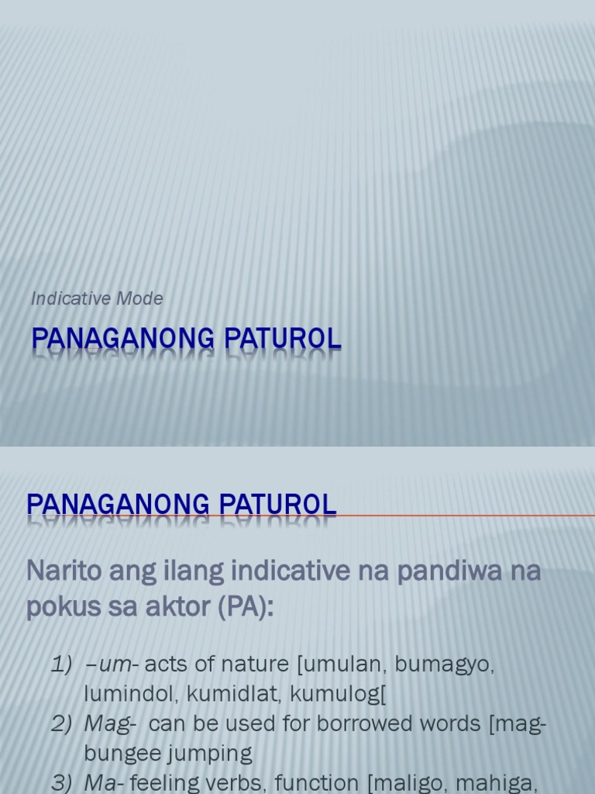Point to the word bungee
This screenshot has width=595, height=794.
click(x=119, y=753)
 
